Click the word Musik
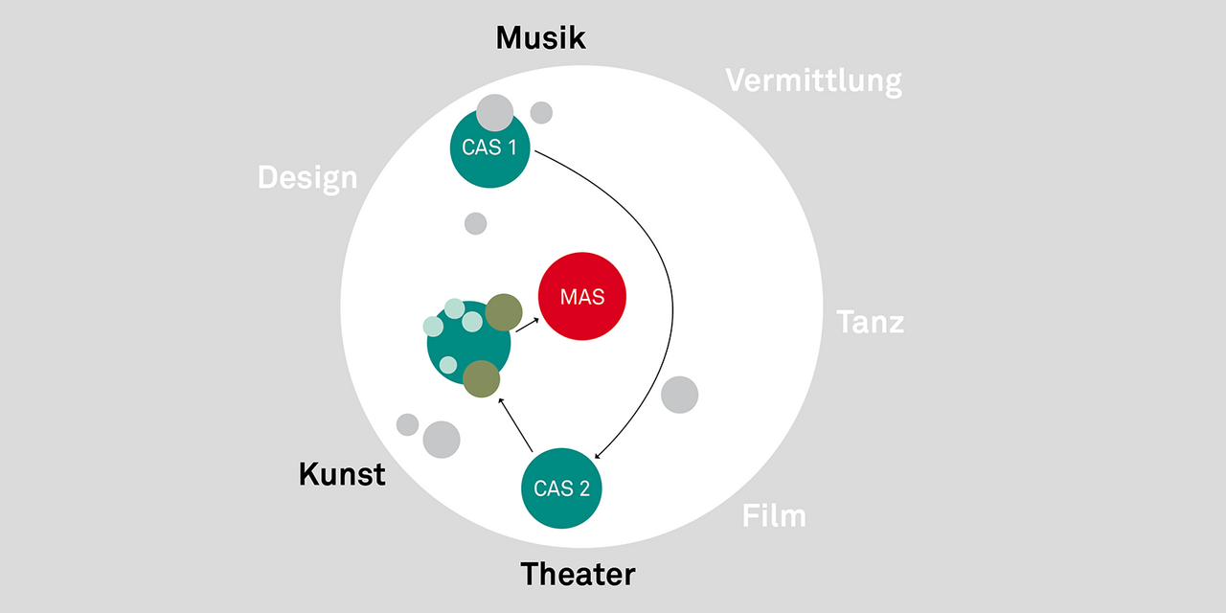coord(540,38)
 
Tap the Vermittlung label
coord(813,80)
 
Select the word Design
coord(306,177)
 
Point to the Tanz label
coord(870,322)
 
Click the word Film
coord(774,516)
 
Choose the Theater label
coord(578,575)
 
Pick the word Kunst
coord(342,474)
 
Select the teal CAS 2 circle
coord(561,488)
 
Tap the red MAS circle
coord(582,297)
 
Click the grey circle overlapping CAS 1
coord(495,112)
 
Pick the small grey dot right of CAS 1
coord(541,113)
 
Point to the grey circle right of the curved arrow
coord(680,395)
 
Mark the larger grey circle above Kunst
coord(442,440)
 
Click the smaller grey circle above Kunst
coord(407,424)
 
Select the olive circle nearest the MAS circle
coord(503,312)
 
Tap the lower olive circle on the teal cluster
coord(481,378)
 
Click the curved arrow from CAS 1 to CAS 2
coord(671,306)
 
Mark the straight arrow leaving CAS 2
coord(515,425)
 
